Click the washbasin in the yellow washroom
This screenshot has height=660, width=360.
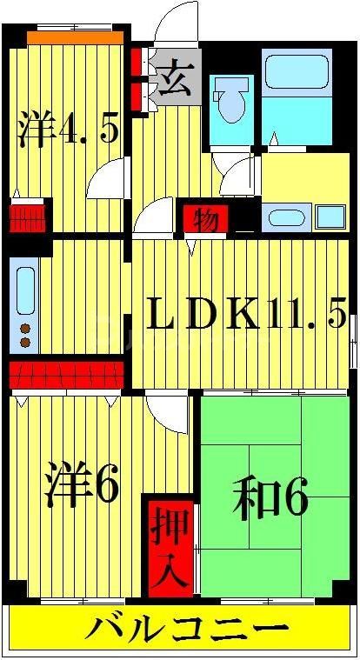pyautogui.click(x=281, y=217)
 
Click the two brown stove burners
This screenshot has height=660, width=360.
pyautogui.click(x=25, y=336)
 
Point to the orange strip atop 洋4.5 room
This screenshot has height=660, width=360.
pyautogui.click(x=73, y=38)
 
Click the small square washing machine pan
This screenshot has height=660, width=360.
pyautogui.click(x=330, y=216)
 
